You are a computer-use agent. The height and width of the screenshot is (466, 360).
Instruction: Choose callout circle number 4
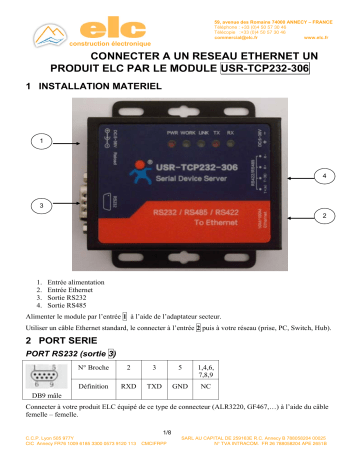coord(322,176)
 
